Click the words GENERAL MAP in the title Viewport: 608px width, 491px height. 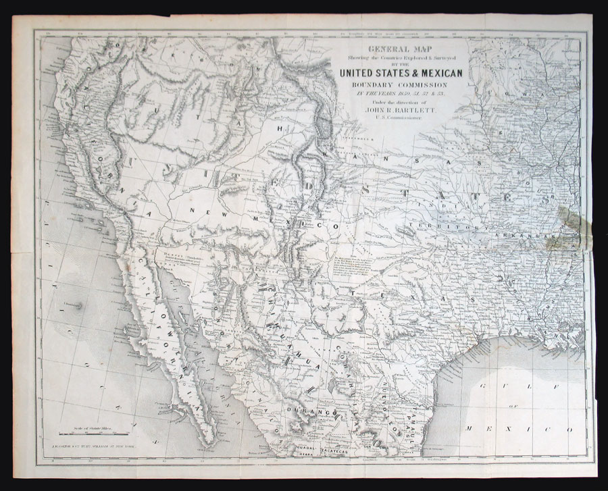(395, 49)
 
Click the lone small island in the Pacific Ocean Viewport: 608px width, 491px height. (80, 305)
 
